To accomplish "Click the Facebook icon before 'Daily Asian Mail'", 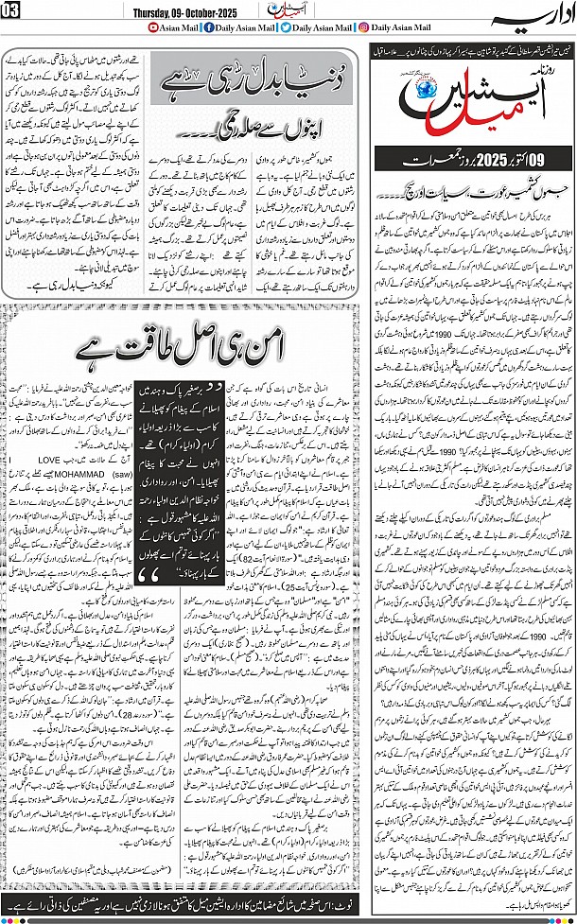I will [164, 28].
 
